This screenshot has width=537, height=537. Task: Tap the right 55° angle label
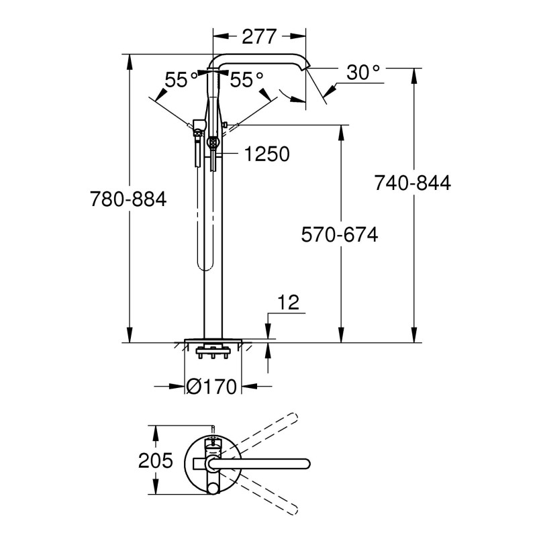[246, 80]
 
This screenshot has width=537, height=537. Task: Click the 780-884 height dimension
[128, 199]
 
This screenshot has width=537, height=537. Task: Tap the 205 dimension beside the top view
[155, 461]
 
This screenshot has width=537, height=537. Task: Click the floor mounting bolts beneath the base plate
[212, 352]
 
